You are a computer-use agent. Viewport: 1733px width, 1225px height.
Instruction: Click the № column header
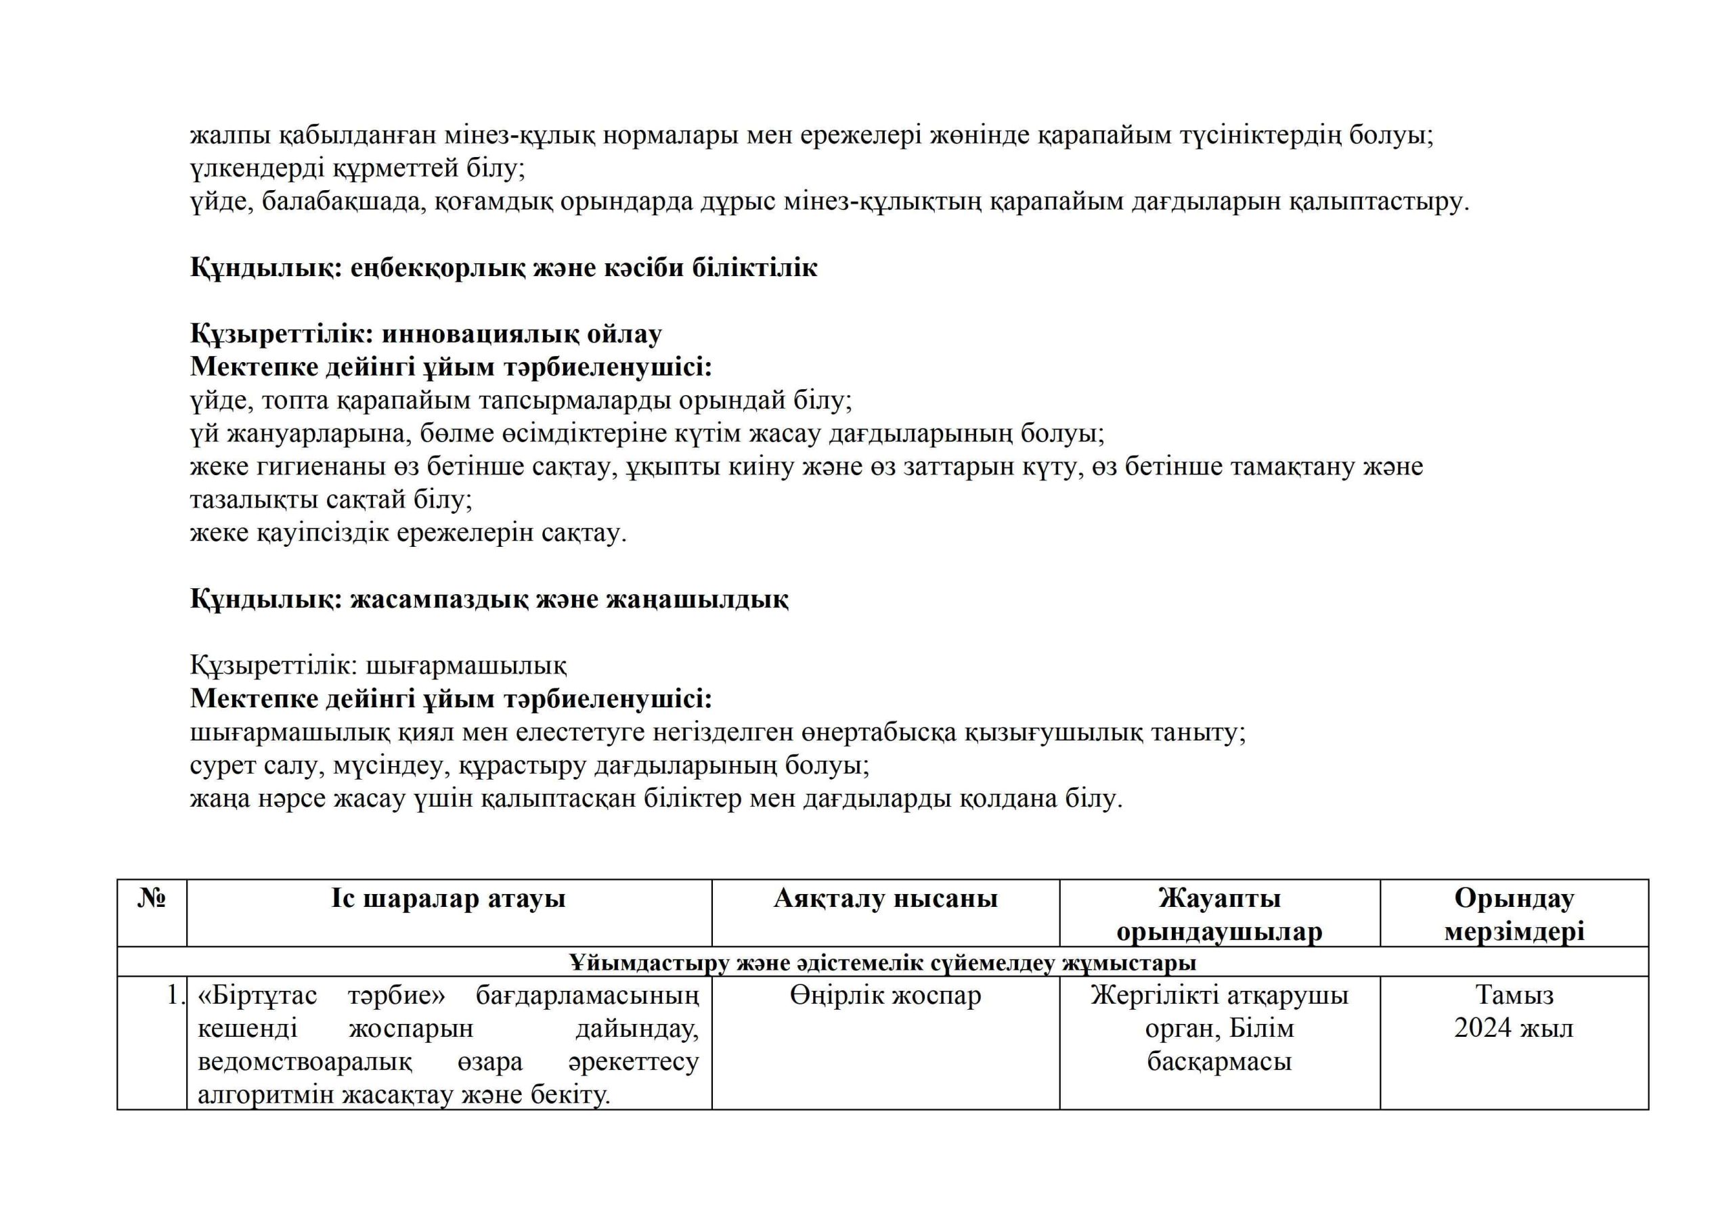[x=152, y=899]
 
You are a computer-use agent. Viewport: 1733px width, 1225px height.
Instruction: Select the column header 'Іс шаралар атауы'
[x=448, y=899]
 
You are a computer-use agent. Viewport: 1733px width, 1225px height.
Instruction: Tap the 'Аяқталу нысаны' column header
[x=885, y=899]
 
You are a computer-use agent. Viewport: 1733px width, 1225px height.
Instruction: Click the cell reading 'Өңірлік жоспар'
[x=885, y=996]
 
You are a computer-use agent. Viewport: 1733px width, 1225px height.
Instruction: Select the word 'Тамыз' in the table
[x=1514, y=996]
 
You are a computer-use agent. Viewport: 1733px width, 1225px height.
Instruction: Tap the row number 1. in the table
[x=175, y=996]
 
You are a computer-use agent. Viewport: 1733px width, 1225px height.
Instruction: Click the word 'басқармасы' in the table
[x=1219, y=1061]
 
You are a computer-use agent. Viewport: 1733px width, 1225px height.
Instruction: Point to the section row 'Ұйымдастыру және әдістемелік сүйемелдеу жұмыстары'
[x=882, y=962]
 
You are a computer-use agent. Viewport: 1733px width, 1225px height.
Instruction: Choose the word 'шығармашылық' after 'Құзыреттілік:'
[x=466, y=666]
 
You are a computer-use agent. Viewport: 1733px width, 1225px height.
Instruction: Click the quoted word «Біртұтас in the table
[x=257, y=996]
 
